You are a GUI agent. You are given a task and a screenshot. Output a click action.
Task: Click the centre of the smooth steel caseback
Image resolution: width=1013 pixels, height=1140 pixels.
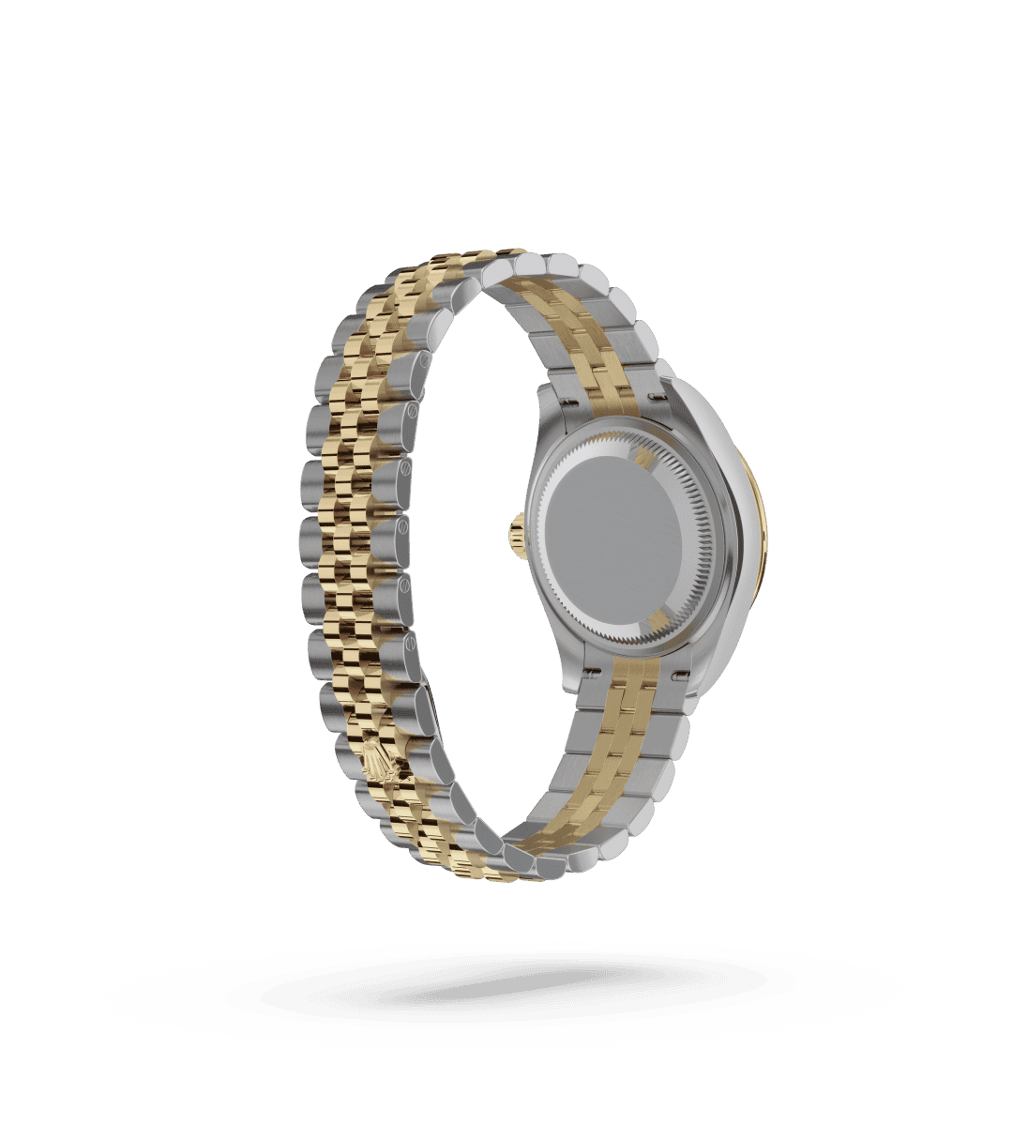616,541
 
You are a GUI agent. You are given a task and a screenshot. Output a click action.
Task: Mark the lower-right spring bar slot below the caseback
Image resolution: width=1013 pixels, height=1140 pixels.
677,672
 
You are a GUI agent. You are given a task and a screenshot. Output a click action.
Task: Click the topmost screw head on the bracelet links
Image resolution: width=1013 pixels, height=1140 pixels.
424,359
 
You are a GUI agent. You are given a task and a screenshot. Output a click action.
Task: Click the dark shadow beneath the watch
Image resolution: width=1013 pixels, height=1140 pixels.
506,995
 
